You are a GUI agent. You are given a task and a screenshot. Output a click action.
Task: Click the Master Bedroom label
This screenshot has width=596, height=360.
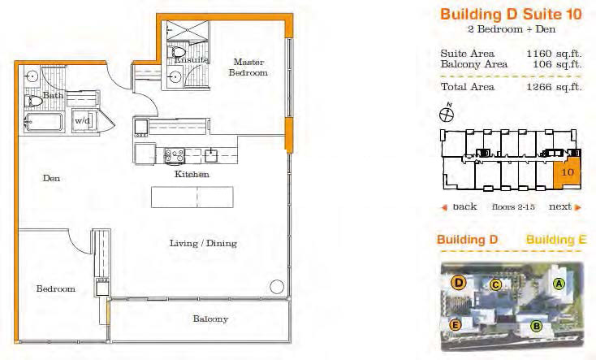click(x=248, y=67)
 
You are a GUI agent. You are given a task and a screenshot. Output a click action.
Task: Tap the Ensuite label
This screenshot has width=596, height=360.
click(x=191, y=60)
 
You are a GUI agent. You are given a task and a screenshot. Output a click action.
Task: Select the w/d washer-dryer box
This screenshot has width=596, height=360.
click(x=84, y=120)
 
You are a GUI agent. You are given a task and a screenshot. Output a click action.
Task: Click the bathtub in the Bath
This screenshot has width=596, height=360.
click(x=43, y=122)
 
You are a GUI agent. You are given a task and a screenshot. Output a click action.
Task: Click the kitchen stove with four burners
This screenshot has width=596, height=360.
click(x=174, y=155)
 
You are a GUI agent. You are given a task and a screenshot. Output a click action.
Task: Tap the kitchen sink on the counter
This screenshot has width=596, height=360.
click(x=210, y=155)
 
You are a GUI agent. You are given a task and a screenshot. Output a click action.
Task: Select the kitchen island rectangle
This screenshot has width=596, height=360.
click(x=192, y=197)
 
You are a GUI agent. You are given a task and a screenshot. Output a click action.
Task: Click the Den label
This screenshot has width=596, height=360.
click(x=51, y=178)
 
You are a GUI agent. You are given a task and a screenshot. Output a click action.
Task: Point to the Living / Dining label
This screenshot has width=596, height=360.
click(x=203, y=243)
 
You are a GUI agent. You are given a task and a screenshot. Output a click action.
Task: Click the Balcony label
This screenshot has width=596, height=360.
click(x=210, y=319)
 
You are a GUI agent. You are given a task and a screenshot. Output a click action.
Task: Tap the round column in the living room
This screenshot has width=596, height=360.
click(x=277, y=287)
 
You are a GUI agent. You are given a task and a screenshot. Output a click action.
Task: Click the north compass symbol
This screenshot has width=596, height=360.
click(x=447, y=114)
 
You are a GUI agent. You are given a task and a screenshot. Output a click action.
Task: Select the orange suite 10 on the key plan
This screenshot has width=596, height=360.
click(x=567, y=172)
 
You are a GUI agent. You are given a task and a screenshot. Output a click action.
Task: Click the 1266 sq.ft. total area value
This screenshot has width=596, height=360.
click(x=554, y=87)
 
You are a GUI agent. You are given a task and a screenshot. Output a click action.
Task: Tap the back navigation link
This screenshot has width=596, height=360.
click(x=460, y=206)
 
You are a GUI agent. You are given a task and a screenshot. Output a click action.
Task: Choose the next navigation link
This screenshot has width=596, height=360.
click(x=565, y=206)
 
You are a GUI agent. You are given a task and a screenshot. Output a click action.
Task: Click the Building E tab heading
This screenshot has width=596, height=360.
click(x=556, y=240)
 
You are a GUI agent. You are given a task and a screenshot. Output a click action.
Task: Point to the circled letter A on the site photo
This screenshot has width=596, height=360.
click(x=559, y=283)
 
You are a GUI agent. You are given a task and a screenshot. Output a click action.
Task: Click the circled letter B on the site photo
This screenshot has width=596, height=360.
click(x=537, y=326)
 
